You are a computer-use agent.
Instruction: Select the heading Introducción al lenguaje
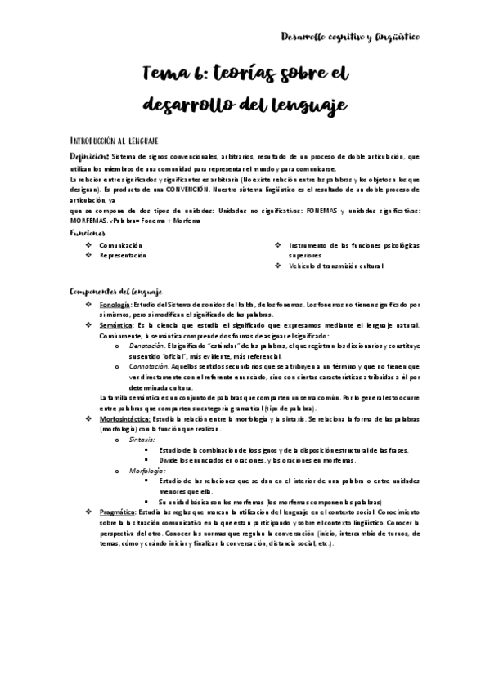tap(114, 141)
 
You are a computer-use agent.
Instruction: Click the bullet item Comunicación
tap(121, 244)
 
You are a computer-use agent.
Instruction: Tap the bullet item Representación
tap(124, 255)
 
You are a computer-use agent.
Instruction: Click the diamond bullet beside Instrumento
tap(278, 244)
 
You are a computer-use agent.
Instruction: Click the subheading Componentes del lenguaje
tap(116, 291)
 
